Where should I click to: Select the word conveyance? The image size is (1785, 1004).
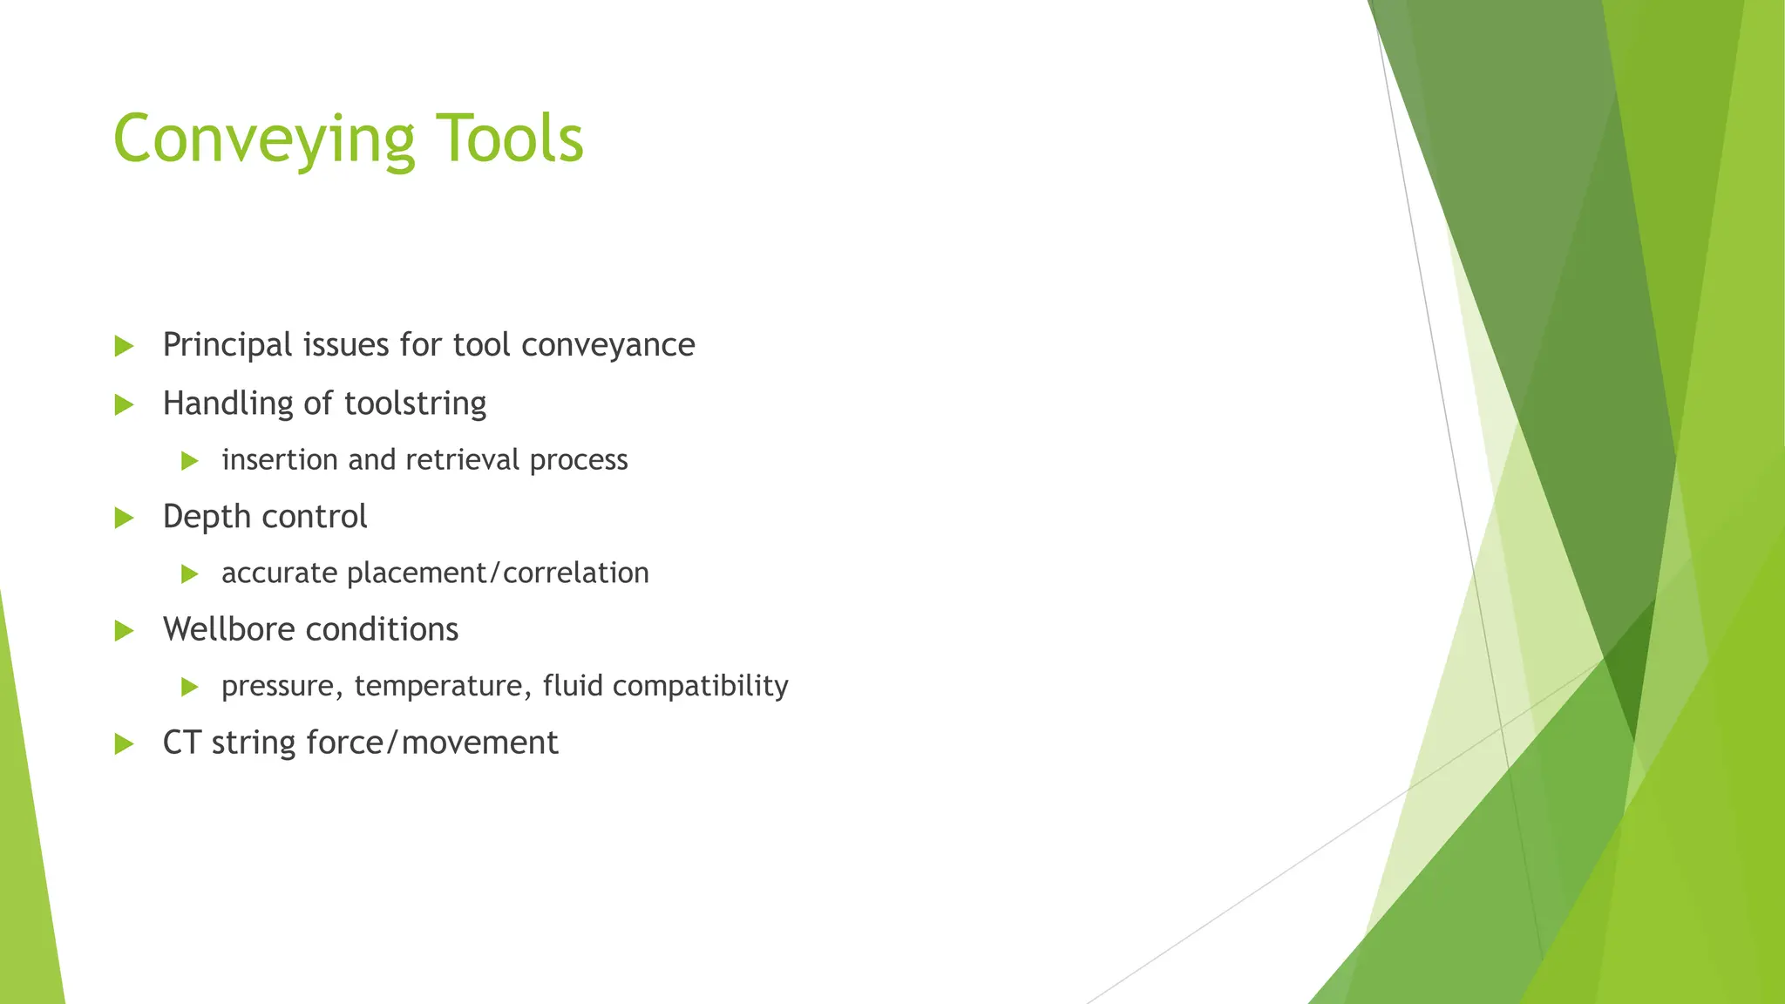click(x=607, y=345)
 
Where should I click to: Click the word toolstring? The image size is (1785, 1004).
click(x=415, y=404)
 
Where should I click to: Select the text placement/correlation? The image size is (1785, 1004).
click(x=498, y=573)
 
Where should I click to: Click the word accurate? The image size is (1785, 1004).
click(x=280, y=573)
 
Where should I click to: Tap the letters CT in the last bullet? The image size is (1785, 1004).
click(x=181, y=743)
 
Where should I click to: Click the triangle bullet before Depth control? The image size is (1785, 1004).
click(x=124, y=519)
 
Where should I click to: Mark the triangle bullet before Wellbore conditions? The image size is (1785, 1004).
click(x=124, y=631)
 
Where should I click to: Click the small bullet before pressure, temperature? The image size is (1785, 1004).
click(x=189, y=688)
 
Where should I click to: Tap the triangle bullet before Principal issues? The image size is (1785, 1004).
click(x=124, y=347)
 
